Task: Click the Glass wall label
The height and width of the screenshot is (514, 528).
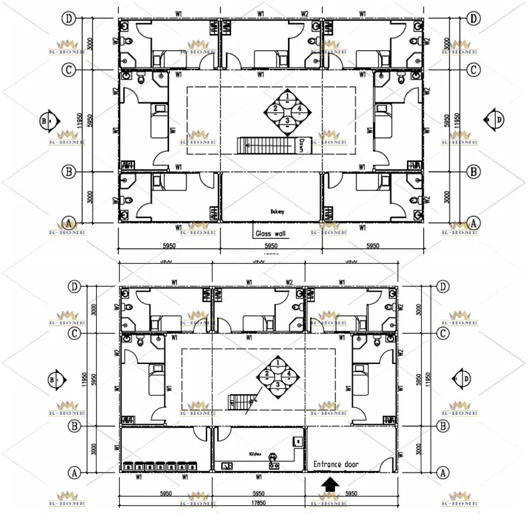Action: point(271,234)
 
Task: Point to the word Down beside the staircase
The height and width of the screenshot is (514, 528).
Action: point(301,145)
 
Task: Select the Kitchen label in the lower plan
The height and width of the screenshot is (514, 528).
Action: point(255,454)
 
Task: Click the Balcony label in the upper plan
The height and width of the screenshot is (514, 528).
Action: point(277,211)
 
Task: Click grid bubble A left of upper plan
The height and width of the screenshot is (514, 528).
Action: point(68,222)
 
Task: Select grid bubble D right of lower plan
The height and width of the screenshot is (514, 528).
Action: point(442,286)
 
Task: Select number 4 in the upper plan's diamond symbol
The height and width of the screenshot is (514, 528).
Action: point(299,108)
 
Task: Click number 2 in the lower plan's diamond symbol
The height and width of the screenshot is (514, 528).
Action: point(267,373)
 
